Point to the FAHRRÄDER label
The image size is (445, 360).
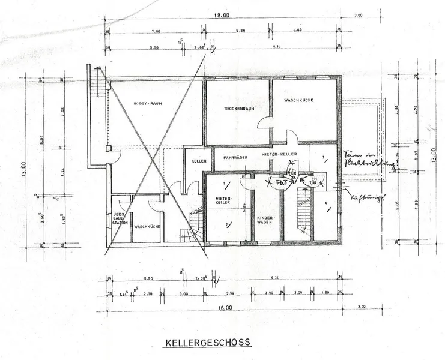pyautogui.click(x=234, y=158)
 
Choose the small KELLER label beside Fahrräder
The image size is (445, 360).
pyautogui.click(x=199, y=161)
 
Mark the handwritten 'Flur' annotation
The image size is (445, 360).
pyautogui.click(x=280, y=180)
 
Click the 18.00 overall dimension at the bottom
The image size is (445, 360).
pyautogui.click(x=225, y=307)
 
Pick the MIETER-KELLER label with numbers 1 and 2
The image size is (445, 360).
pyautogui.click(x=223, y=200)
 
